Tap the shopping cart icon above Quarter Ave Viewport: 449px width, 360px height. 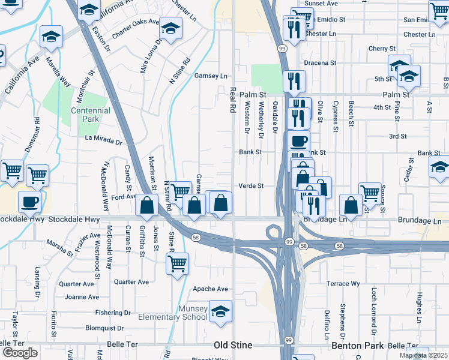(177, 263)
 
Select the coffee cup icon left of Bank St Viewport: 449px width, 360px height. (298, 142)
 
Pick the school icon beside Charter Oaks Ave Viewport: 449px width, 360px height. (170, 28)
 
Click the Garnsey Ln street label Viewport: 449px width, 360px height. (211, 76)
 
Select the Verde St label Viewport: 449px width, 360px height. (252, 186)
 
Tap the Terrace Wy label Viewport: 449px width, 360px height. (343, 283)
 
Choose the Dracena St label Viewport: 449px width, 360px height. (319, 62)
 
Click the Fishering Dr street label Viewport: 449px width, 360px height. (112, 313)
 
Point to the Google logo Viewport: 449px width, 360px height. (20, 353)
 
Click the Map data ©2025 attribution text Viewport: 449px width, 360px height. (423, 355)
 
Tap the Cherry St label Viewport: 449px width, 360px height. (382, 49)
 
